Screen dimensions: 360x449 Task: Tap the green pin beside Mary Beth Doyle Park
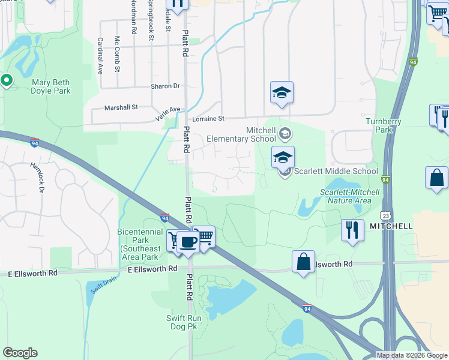click(x=7, y=80)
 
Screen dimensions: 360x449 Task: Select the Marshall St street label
click(x=121, y=107)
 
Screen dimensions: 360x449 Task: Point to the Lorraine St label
click(x=208, y=119)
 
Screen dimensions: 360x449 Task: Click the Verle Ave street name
click(x=167, y=113)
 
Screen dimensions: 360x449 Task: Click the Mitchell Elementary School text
click(x=241, y=135)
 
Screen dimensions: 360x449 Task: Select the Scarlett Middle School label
click(x=336, y=172)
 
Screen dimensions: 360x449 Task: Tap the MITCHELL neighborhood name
click(x=391, y=226)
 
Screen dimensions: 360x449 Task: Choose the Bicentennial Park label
click(x=140, y=240)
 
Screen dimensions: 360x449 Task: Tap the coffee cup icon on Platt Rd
click(x=188, y=242)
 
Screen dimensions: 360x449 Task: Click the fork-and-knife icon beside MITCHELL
click(x=352, y=229)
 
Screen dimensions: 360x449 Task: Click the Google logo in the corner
click(x=20, y=353)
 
